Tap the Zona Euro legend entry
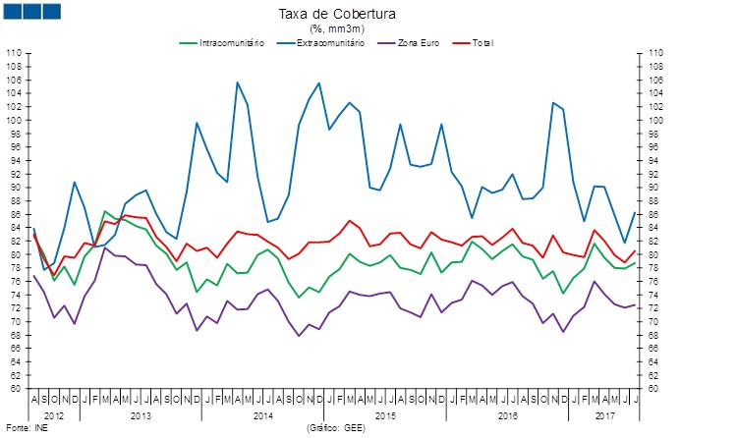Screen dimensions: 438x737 pyautogui.click(x=424, y=43)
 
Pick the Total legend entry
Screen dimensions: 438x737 pyautogui.click(x=482, y=43)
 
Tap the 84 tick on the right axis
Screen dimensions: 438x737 pyautogui.click(x=654, y=228)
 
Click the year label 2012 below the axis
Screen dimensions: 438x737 pyautogui.click(x=53, y=415)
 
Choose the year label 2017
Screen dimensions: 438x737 pyautogui.click(x=605, y=415)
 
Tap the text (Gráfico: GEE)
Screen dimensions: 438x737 pyautogui.click(x=338, y=429)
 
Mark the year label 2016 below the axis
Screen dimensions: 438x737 pyautogui.click(x=507, y=415)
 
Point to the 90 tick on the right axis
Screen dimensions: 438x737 pyautogui.click(x=654, y=188)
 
